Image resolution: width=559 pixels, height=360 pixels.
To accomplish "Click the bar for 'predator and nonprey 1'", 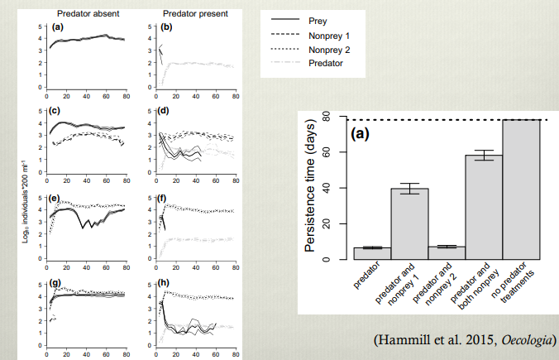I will pyautogui.click(x=409, y=224).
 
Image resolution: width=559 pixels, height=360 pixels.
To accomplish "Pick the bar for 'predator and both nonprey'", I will pyautogui.click(x=484, y=208).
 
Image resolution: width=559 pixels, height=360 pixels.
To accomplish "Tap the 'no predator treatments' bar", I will pyautogui.click(x=521, y=190).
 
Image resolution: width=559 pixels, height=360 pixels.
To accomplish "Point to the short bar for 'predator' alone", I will pyautogui.click(x=372, y=253).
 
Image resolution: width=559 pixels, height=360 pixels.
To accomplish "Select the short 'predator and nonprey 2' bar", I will pyautogui.click(x=447, y=252).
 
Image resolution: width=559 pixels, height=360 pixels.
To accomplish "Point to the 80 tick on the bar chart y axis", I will pyautogui.click(x=327, y=118).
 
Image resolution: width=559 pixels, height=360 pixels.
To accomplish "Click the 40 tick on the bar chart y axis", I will pyautogui.click(x=327, y=189).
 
